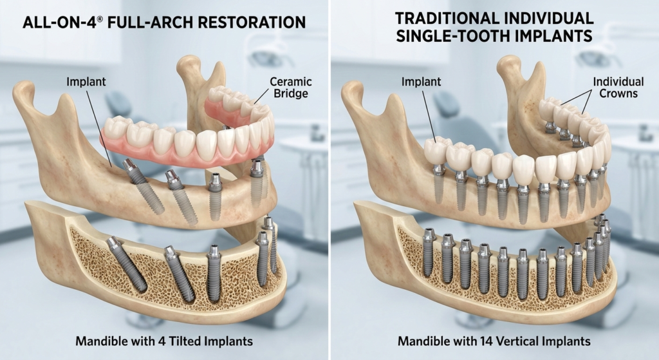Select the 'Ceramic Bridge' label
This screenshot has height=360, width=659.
pos(290,88)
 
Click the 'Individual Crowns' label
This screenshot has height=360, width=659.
pos(618,88)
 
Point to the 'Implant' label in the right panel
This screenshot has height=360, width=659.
pos(421,82)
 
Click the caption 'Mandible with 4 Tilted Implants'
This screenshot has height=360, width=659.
pos(164,341)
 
